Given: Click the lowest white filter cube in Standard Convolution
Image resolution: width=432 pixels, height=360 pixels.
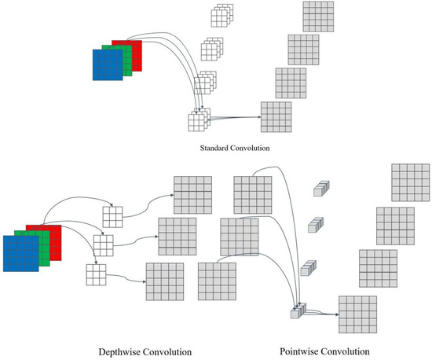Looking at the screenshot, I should (x=196, y=122).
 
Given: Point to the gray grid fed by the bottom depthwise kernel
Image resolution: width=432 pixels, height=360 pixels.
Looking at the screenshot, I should (x=166, y=282).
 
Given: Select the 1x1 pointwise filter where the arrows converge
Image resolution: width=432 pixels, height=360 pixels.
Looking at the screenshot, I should (x=298, y=312).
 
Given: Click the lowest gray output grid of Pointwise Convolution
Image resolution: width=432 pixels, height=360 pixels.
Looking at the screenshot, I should (x=357, y=314).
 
